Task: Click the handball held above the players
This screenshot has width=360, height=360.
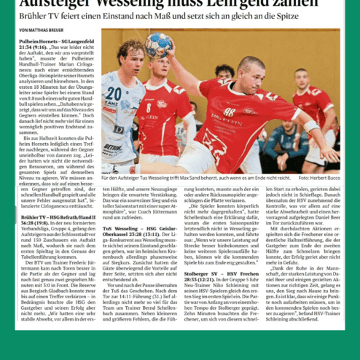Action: click(x=157, y=46)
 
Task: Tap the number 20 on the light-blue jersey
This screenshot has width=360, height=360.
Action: click(x=114, y=93)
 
